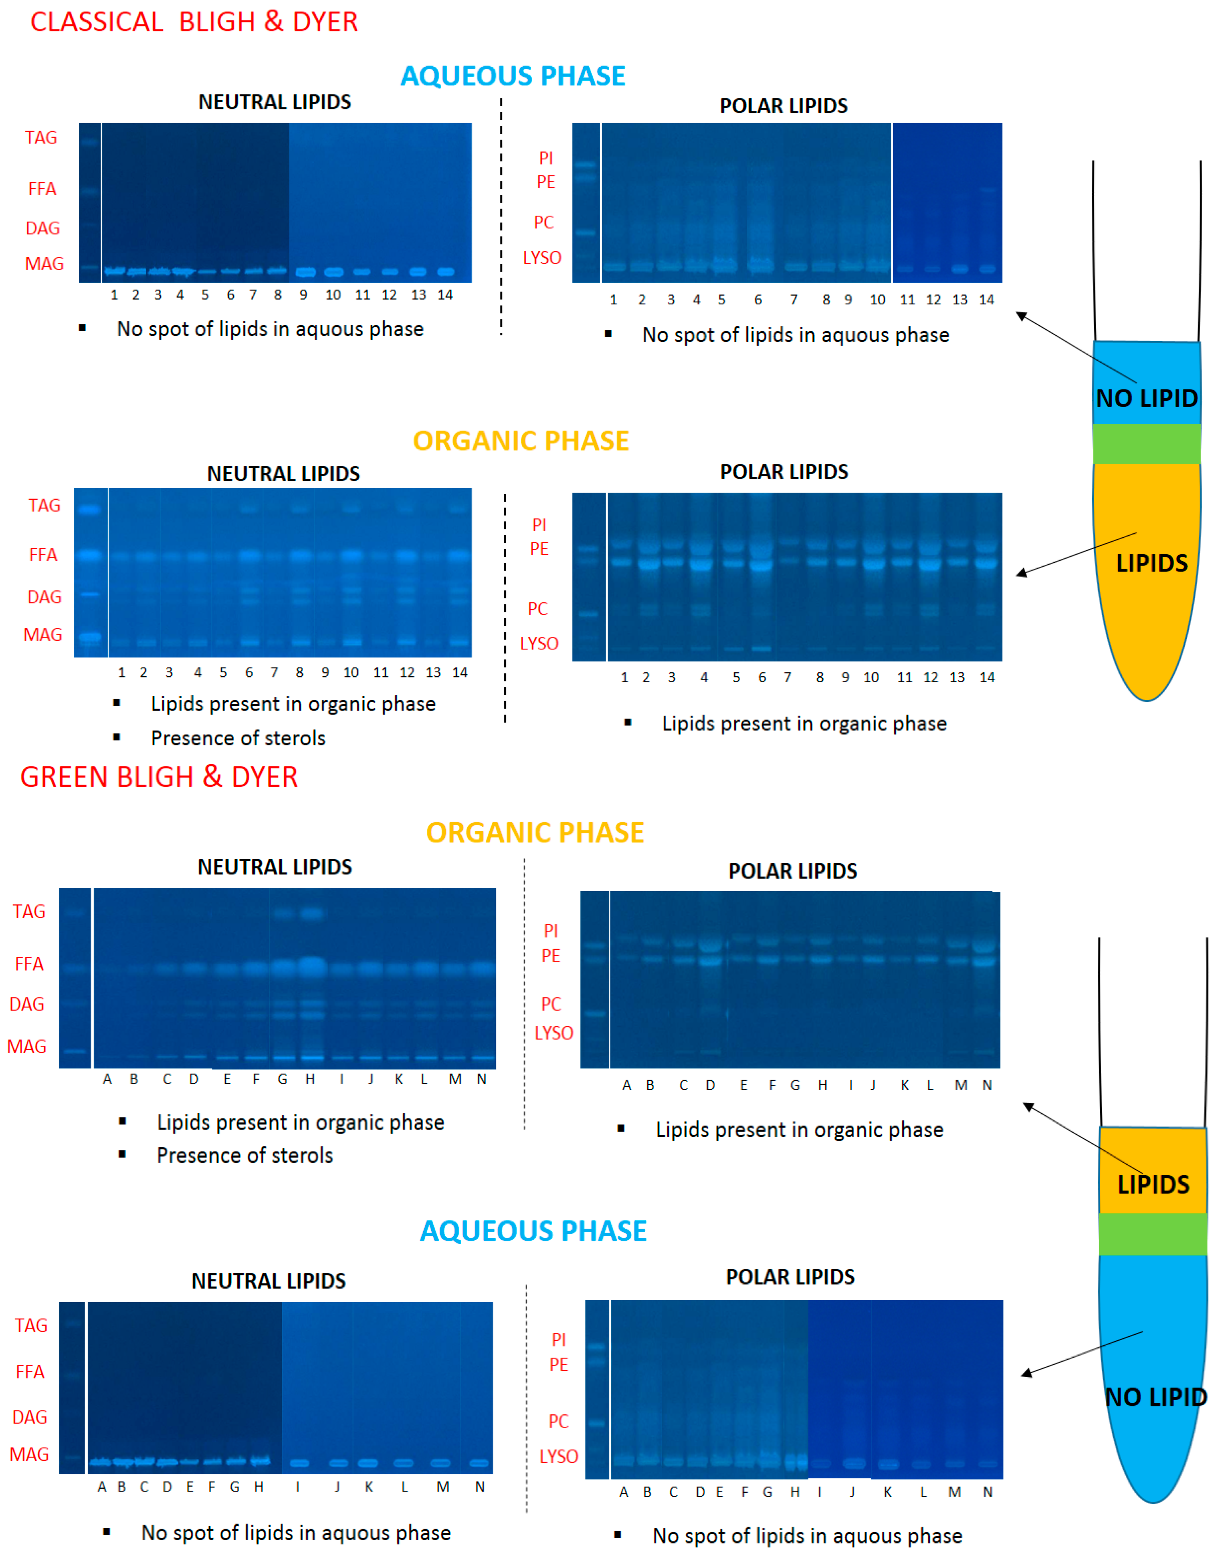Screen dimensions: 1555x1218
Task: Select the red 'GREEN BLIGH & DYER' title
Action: [158, 777]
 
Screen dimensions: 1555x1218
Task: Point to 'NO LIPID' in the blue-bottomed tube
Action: [1155, 1397]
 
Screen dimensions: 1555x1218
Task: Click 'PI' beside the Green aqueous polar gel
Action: [558, 1340]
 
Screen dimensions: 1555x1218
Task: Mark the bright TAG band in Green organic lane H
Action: [311, 913]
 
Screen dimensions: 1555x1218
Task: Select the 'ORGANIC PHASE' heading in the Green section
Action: [535, 832]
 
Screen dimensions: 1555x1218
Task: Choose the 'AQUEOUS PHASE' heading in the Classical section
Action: [512, 75]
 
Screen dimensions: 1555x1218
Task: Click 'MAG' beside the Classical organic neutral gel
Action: [43, 634]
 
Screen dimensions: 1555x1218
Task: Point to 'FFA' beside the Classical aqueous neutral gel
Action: [42, 188]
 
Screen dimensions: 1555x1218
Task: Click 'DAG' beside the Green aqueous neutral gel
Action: [30, 1417]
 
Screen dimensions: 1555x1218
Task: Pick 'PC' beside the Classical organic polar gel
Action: [538, 608]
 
